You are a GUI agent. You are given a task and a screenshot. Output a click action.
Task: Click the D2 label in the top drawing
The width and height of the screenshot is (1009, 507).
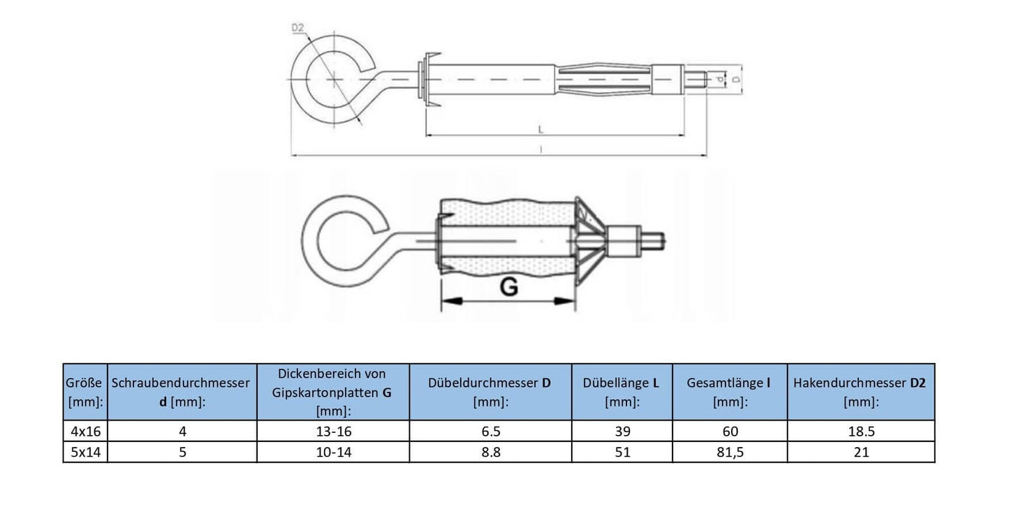coord(297,28)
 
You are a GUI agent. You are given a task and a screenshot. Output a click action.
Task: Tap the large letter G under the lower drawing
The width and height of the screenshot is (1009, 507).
coord(509,287)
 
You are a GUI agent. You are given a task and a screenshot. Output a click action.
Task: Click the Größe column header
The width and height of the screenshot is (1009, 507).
coord(85,392)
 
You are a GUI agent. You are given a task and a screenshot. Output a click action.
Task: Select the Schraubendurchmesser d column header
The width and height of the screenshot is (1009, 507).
coord(182,392)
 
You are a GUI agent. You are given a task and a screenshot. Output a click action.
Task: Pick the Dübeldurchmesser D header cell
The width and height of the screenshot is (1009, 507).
coord(490,392)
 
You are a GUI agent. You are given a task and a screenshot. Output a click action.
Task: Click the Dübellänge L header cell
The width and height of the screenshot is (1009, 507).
coord(621,392)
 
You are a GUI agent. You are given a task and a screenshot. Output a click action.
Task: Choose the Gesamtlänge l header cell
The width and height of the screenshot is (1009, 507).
coord(729,392)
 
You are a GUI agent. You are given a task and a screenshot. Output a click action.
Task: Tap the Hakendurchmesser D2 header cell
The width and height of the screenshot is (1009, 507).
coord(860,392)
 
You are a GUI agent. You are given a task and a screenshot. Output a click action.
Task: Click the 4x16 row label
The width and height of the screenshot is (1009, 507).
coord(85,431)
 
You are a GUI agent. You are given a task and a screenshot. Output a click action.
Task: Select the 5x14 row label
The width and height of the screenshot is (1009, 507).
coord(85,452)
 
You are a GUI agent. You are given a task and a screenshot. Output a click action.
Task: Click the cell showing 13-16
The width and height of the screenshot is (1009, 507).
coord(333,431)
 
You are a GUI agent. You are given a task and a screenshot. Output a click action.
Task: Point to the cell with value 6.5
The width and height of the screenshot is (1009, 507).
coord(490,431)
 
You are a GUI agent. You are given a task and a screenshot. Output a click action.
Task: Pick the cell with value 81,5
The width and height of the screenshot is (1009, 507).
coord(729,452)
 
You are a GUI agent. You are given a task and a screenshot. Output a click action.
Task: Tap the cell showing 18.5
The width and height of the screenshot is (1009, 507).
coord(860,431)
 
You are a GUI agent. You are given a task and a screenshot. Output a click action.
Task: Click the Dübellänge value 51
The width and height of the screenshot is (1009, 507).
coord(621,452)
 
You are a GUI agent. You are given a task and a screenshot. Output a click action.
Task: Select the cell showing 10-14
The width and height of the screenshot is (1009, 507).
coord(333,452)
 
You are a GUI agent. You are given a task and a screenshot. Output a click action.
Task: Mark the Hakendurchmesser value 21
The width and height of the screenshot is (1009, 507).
coord(860,452)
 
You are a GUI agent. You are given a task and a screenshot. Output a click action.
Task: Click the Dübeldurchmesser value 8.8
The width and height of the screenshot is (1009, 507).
coord(490,452)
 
